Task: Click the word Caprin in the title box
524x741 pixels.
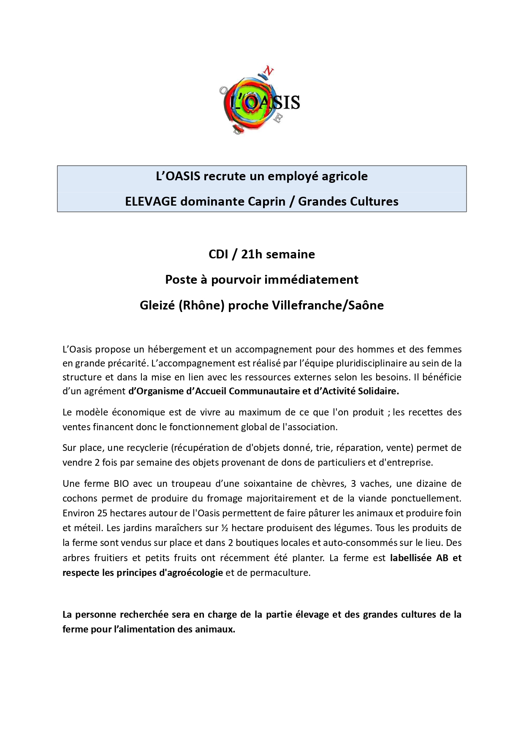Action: coord(266,201)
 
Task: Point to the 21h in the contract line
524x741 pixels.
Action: coord(252,254)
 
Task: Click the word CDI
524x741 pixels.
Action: coord(218,254)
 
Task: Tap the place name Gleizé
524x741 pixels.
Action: coord(157,305)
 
